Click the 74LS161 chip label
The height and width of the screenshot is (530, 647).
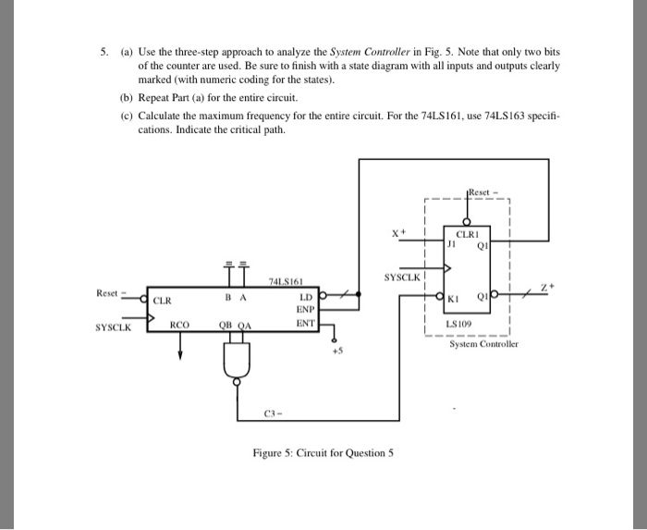coord(283,280)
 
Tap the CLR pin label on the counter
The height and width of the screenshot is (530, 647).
coord(162,301)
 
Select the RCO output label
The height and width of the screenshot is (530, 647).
coord(178,325)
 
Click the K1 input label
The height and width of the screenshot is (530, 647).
coord(453,299)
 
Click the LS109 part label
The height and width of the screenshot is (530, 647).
coord(458,326)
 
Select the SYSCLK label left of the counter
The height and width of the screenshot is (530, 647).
coord(113,327)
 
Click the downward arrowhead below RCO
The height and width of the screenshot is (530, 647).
coord(179,352)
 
